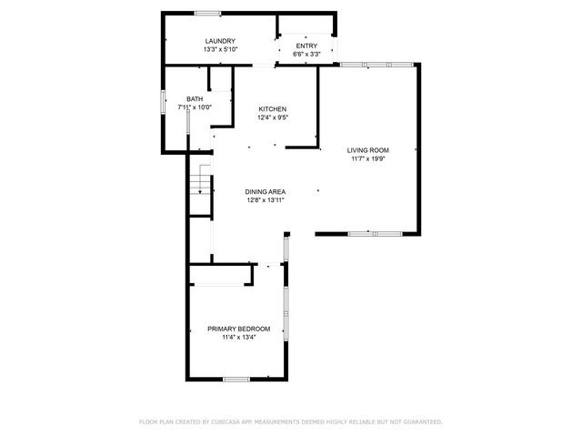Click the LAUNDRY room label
(x=220, y=41)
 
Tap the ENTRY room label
(x=306, y=46)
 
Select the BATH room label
(x=195, y=99)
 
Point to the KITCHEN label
(x=273, y=109)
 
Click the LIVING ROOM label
(x=368, y=150)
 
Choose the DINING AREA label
(x=266, y=192)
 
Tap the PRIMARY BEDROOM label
(x=238, y=329)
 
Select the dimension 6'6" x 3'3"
(x=306, y=55)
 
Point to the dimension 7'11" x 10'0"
(x=195, y=107)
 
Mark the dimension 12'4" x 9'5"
(x=273, y=117)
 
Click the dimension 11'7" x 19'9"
(x=368, y=158)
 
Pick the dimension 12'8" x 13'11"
(x=266, y=200)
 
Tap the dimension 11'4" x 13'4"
(x=238, y=337)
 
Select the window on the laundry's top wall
(x=207, y=12)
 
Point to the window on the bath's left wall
(x=163, y=99)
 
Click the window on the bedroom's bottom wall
(x=236, y=379)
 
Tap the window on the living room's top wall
(x=376, y=64)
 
